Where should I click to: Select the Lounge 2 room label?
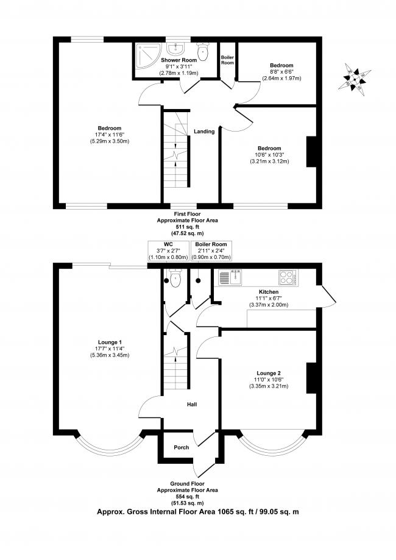268,372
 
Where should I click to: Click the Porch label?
181,447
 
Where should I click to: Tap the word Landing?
203,131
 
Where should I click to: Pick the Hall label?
192,404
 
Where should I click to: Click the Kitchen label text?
268,292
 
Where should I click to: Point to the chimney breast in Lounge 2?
311,377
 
